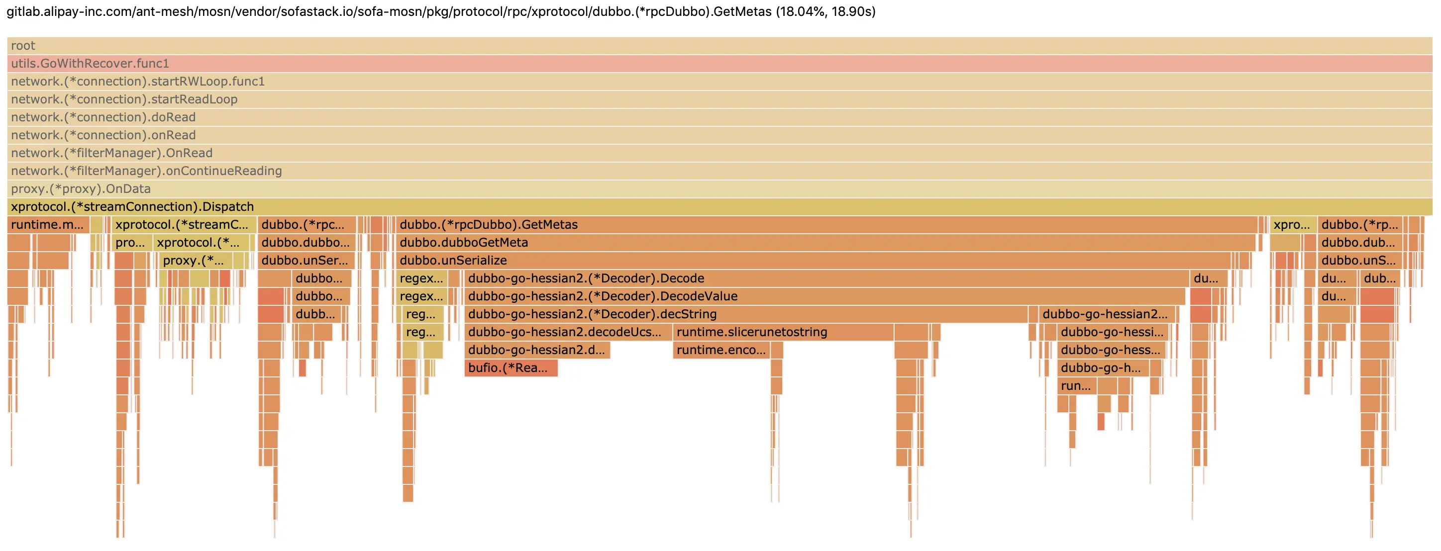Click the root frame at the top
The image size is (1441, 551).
(720, 46)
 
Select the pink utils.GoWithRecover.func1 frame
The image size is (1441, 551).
(720, 64)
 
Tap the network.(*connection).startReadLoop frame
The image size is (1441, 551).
(720, 99)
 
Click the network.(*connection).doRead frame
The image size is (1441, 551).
(720, 117)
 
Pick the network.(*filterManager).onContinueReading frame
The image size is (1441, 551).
(720, 171)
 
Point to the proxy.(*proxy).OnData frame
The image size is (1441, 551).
(720, 189)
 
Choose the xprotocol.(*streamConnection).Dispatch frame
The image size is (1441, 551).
(720, 207)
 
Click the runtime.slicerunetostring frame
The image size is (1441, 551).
(783, 332)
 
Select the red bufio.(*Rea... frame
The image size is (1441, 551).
(511, 367)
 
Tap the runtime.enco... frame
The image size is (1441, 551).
(721, 350)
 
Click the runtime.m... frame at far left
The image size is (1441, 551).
(48, 225)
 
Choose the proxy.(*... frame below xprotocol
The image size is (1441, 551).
(195, 261)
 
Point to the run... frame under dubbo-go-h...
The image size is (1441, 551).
(1076, 385)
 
